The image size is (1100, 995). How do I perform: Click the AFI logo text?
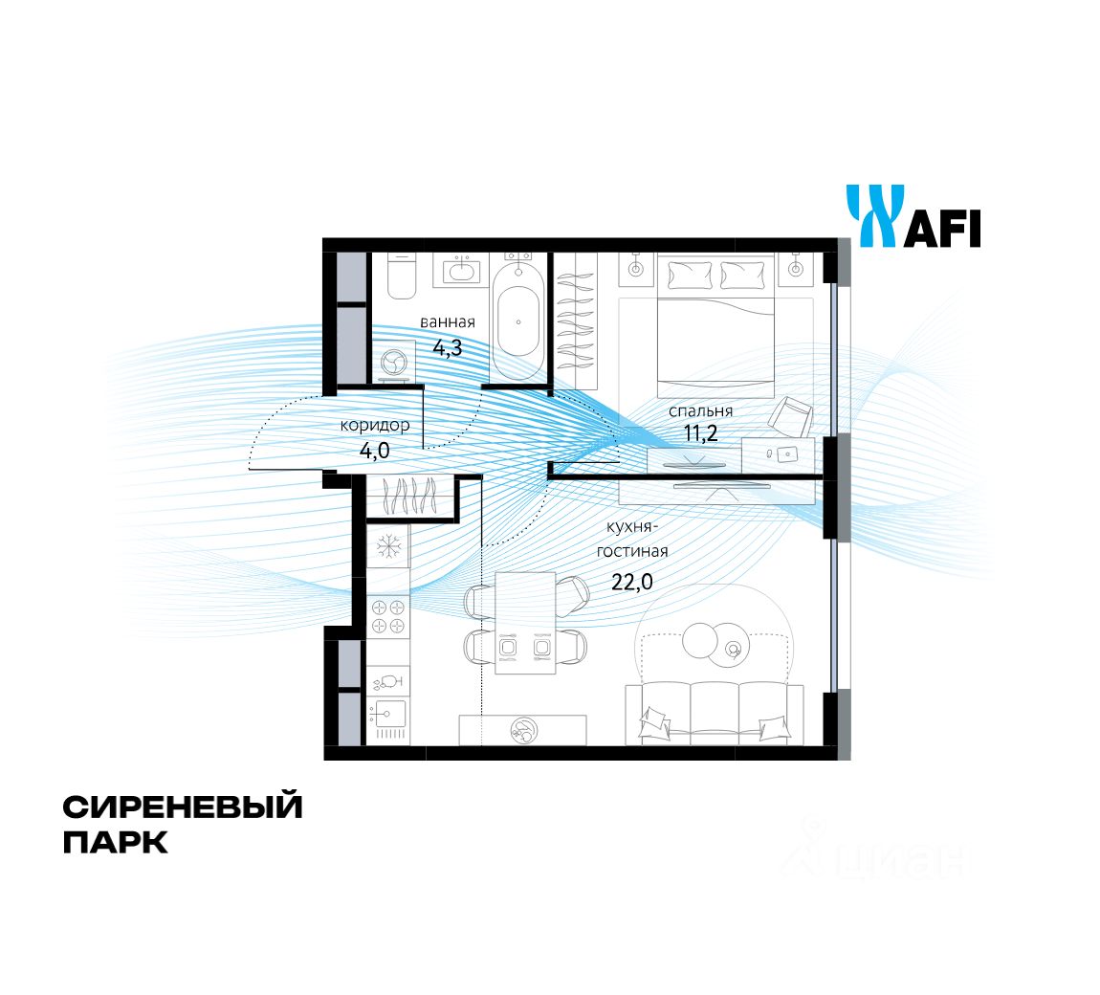(942, 230)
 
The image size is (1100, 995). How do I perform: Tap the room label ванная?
(447, 322)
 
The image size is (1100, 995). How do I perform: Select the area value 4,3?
(447, 348)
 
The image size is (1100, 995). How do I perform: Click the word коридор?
(375, 425)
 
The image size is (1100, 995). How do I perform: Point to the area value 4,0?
(375, 447)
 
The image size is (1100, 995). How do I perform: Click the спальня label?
(700, 410)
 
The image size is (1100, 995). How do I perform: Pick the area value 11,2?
(700, 432)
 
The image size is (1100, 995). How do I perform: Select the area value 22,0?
(631, 582)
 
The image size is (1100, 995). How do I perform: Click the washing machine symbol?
(393, 363)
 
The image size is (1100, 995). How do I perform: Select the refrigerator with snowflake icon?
(388, 547)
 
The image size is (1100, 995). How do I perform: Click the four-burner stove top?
(388, 615)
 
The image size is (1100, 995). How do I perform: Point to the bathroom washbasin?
(464, 270)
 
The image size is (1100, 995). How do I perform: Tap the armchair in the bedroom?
(792, 416)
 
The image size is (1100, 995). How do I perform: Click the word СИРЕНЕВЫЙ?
(183, 807)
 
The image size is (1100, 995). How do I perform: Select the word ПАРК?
(115, 843)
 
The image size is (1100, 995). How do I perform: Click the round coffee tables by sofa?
(713, 641)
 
